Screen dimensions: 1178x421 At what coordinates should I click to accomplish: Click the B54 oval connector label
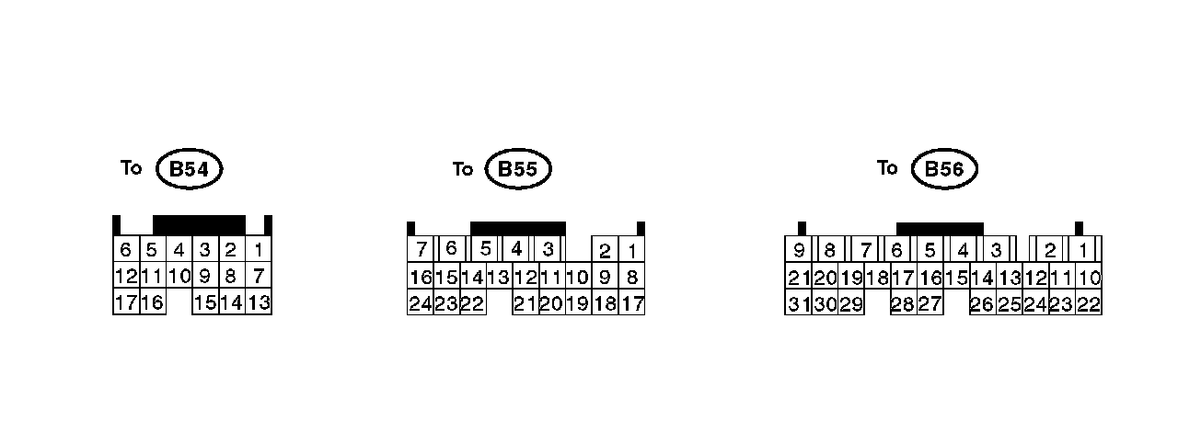point(190,169)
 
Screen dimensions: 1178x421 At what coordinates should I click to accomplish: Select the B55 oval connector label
point(518,169)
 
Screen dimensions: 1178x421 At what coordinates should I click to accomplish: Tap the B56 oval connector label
point(943,169)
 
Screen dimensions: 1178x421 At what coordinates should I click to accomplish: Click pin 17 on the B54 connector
point(126,302)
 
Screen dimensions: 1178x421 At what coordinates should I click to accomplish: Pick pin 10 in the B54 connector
point(179,275)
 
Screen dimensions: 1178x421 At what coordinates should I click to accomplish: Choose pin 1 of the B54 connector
point(259,249)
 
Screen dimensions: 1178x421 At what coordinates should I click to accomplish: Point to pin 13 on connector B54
point(259,302)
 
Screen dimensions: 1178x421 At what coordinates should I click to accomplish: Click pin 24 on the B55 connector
point(421,302)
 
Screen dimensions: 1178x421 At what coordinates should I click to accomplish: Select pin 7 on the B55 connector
point(422,249)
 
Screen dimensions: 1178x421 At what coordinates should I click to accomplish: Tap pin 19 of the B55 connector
point(577,302)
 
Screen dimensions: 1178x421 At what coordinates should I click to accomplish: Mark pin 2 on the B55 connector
point(605,251)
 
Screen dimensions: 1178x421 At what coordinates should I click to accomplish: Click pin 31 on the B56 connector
point(798,302)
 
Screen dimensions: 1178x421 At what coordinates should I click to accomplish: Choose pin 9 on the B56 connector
point(798,250)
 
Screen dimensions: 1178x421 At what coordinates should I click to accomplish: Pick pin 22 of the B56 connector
point(1089,302)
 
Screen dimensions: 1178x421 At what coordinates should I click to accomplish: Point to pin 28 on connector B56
point(902,302)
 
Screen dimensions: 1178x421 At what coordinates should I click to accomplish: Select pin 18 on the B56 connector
point(877,277)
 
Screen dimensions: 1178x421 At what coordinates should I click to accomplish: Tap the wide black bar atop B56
point(940,229)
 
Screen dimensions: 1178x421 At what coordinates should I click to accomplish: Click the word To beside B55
point(463,169)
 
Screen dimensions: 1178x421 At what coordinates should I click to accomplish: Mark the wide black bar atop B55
point(517,228)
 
